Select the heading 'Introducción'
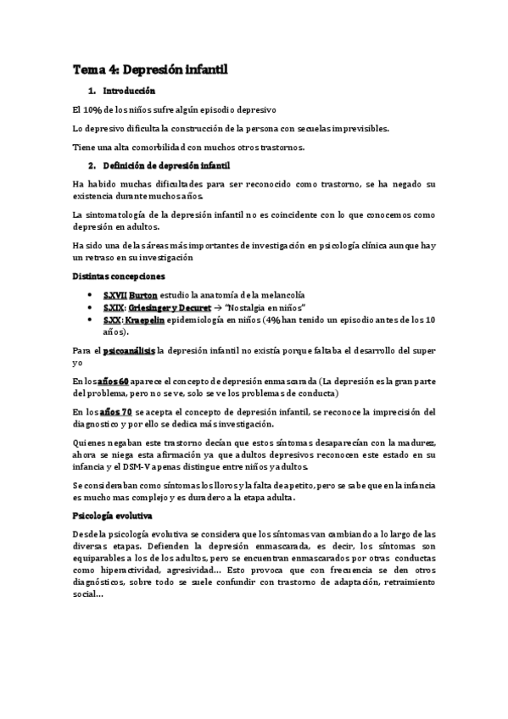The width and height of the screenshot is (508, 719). (128, 91)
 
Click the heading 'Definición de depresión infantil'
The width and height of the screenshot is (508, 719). (166, 165)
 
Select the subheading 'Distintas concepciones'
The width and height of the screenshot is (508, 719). (119, 276)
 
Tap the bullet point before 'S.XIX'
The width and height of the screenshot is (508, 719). (91, 308)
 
